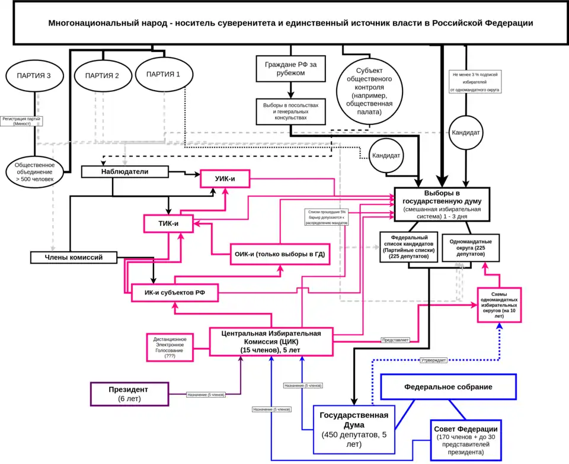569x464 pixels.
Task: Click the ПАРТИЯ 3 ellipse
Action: (34, 75)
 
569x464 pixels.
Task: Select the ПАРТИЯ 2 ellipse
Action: (102, 75)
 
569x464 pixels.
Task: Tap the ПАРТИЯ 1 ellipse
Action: (163, 74)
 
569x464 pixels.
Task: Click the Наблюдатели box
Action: (124, 171)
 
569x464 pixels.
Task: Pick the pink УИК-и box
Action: (224, 178)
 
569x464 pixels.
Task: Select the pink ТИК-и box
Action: (169, 223)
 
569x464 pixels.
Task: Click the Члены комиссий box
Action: (74, 257)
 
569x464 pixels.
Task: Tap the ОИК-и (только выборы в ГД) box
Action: (279, 255)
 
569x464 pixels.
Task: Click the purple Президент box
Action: (129, 394)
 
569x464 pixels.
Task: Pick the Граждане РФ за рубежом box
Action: (290, 68)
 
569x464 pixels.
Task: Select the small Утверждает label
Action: (433, 360)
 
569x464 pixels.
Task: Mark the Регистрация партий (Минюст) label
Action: (21, 120)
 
